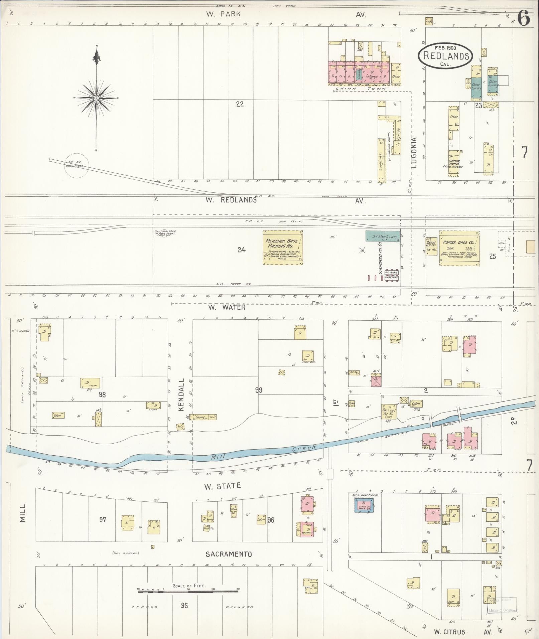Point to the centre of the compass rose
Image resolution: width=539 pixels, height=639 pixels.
pyautogui.click(x=96, y=98)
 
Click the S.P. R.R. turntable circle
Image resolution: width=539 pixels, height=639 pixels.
pyautogui.click(x=77, y=165)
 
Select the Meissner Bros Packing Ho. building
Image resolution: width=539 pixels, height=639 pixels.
pyautogui.click(x=283, y=247)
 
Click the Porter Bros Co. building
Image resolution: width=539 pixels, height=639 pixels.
pyautogui.click(x=459, y=248)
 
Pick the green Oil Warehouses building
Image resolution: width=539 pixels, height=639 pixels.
pyautogui.click(x=382, y=235)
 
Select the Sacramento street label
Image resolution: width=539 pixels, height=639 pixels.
pyautogui.click(x=229, y=554)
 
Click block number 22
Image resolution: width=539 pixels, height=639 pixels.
pyautogui.click(x=240, y=104)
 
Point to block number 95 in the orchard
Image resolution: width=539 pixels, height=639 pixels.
pyautogui.click(x=184, y=605)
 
